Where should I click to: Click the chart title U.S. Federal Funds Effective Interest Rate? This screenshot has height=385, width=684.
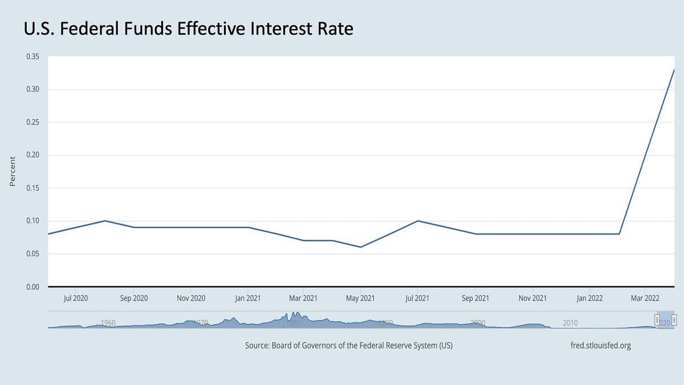point(189,28)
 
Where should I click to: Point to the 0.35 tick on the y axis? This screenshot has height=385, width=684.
point(32,56)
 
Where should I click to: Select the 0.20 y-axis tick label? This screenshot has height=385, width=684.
point(32,155)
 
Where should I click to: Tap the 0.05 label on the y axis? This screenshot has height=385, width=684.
point(32,254)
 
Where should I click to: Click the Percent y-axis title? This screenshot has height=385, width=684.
point(12,171)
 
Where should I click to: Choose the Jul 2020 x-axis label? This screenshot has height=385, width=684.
point(76,298)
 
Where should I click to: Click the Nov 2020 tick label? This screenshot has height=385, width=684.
point(190,298)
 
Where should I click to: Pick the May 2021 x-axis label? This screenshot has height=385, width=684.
point(360,298)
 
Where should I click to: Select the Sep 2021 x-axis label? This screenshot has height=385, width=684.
point(475,298)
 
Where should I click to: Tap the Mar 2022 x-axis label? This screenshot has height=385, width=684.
point(645,298)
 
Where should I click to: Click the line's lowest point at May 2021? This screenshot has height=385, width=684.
point(360,247)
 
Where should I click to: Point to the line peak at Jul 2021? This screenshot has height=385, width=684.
point(418,221)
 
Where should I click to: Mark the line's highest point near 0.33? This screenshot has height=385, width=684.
point(674,70)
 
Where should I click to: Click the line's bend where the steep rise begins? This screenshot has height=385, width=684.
point(619,234)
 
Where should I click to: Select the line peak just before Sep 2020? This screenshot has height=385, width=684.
point(105,221)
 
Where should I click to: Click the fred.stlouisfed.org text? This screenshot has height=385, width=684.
point(600,346)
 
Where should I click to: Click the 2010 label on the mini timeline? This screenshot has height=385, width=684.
point(570,323)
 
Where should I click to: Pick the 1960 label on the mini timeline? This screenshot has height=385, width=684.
point(108,323)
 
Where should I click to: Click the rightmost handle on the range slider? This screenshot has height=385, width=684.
point(674,320)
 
